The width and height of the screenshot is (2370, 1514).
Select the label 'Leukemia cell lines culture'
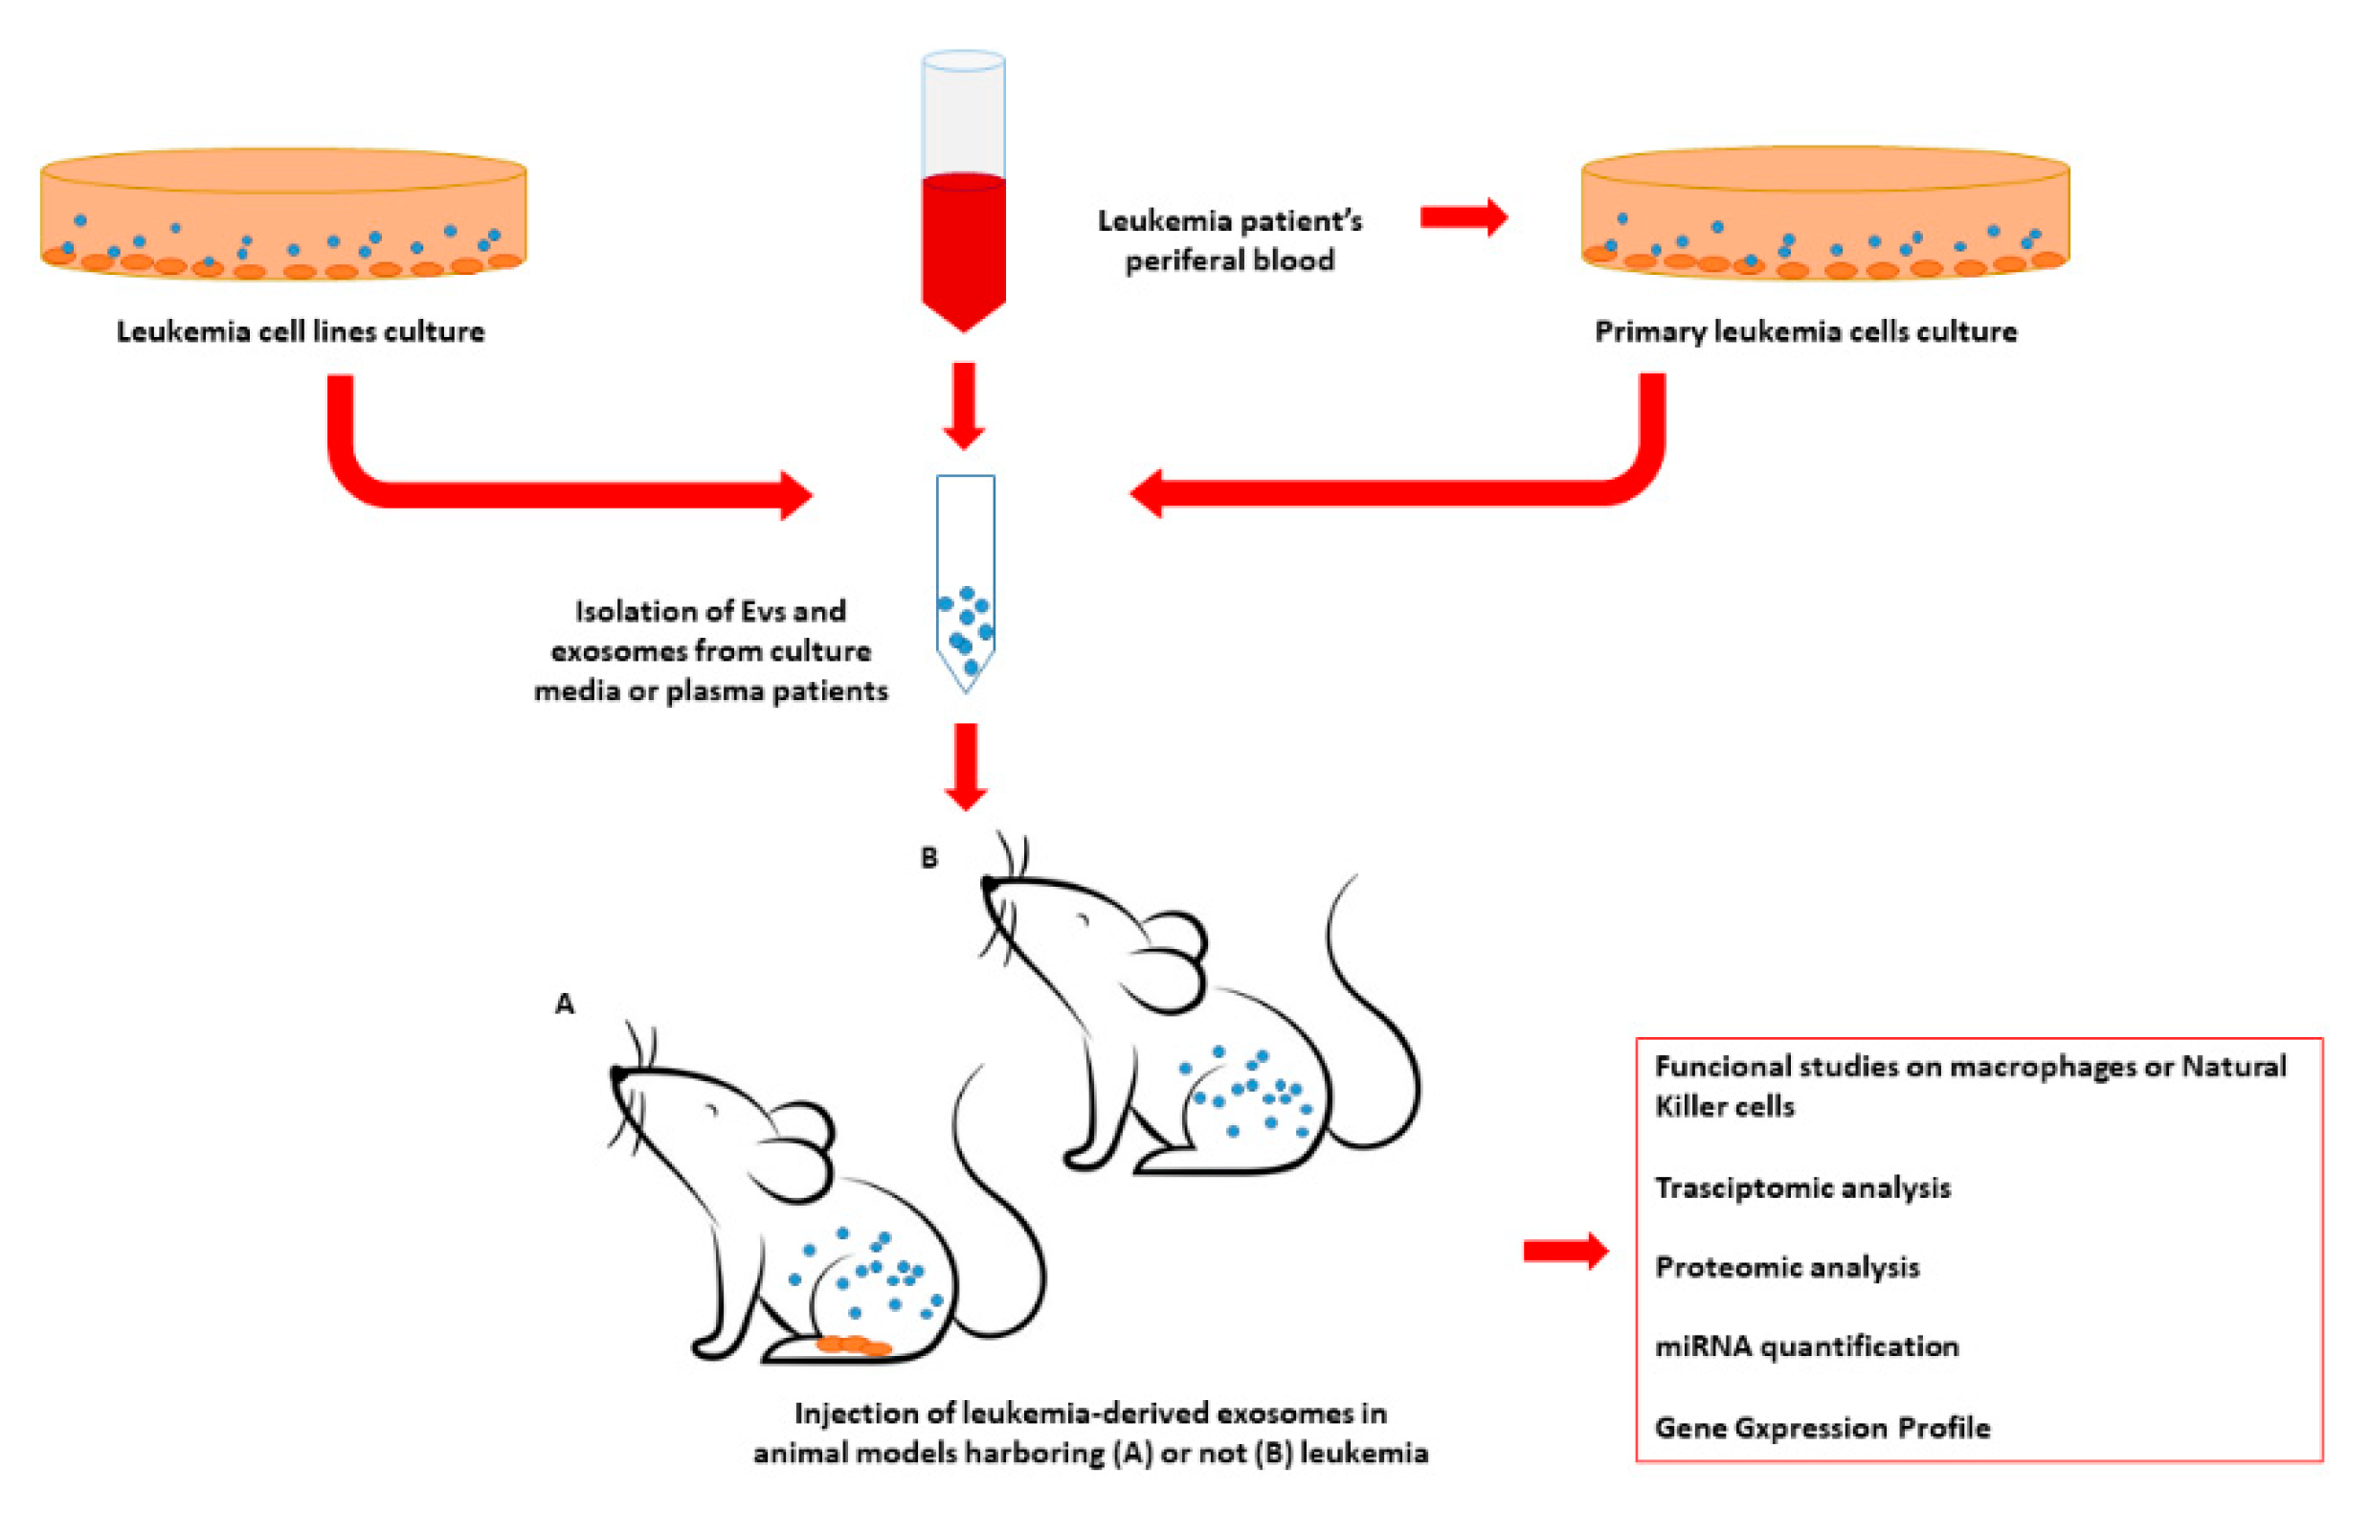(301, 331)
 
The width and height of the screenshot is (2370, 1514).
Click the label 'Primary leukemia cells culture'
(1805, 331)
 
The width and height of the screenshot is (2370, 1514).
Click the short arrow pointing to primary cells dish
(1463, 216)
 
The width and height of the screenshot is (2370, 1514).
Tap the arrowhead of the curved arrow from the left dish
(795, 495)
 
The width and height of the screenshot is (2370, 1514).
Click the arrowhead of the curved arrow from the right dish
(1148, 493)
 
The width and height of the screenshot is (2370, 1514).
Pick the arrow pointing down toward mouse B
(966, 767)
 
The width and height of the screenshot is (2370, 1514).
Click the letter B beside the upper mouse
(928, 857)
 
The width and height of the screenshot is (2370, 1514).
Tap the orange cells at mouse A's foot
(853, 1345)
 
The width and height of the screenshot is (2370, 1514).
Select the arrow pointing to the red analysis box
(1564, 1252)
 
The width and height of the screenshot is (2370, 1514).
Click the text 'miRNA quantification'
(1806, 1346)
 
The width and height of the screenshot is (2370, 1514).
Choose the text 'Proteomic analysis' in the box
(1786, 1267)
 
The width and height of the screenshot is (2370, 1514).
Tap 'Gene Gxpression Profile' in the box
(1822, 1428)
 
